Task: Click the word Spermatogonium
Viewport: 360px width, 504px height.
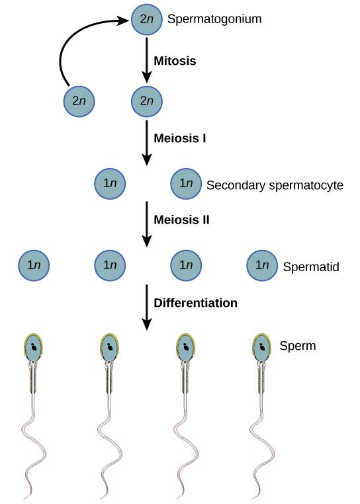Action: tap(214, 19)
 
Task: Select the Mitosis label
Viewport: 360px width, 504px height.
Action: tap(175, 60)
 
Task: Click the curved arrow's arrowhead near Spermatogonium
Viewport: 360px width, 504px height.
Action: tap(124, 21)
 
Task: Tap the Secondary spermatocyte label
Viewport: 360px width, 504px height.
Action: tap(275, 185)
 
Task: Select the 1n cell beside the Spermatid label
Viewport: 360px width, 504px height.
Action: tap(262, 265)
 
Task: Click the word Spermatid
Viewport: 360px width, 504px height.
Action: tap(310, 267)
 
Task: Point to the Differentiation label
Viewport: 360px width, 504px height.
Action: tap(195, 303)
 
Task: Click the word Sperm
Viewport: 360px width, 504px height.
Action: tap(297, 345)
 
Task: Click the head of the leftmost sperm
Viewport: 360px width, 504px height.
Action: tap(34, 347)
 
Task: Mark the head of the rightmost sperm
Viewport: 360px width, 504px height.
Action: tap(262, 347)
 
